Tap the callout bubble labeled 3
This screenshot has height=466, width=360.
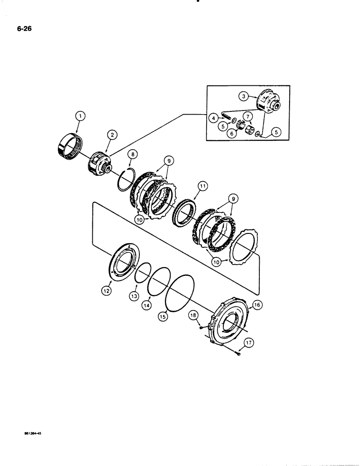243,96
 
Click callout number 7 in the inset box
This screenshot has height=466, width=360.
249,116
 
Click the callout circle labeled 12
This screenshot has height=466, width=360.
105,291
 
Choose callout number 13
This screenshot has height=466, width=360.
134,297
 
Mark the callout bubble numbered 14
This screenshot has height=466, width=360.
147,305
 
